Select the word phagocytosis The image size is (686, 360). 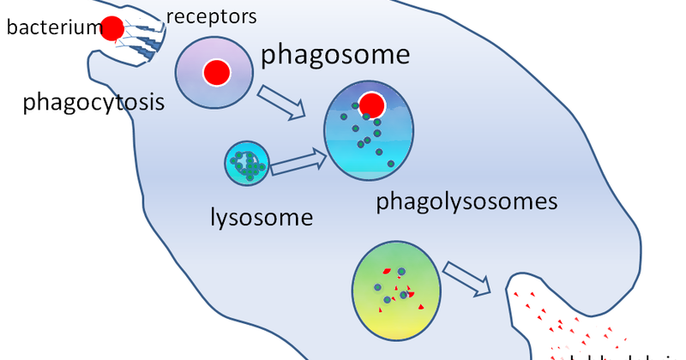coord(93,103)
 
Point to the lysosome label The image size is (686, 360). coord(262,216)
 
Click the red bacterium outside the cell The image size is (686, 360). coord(112,28)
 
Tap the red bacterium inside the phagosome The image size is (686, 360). coord(215,74)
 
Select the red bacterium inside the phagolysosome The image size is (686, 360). coord(371,105)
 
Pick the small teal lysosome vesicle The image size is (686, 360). coord(247,164)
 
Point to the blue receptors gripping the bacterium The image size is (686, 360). coord(141,39)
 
